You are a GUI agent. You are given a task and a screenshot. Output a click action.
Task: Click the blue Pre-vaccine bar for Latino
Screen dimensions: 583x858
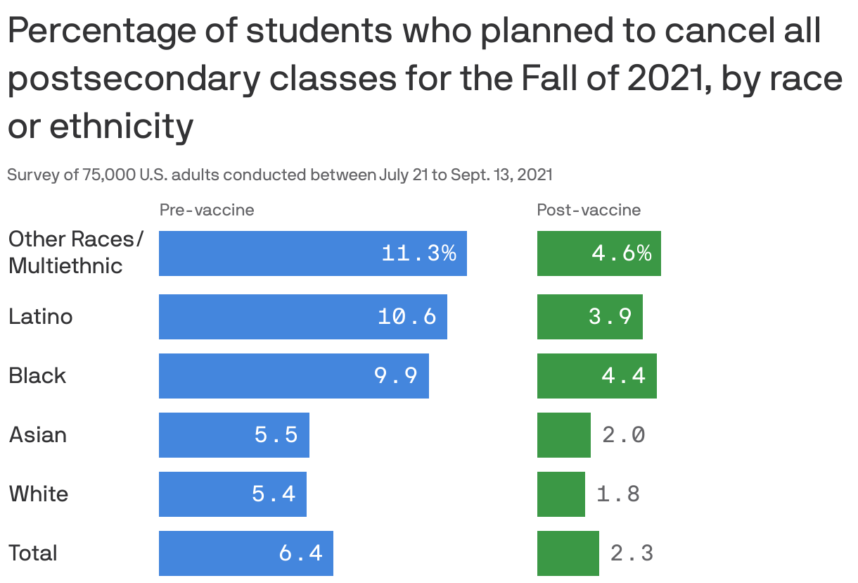click(x=302, y=317)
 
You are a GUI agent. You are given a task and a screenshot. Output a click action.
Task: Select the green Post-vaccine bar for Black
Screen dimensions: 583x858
click(x=596, y=376)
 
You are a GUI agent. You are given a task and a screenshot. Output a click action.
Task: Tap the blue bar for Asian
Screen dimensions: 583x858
click(x=233, y=435)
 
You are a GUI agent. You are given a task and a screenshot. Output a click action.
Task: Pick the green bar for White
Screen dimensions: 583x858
click(x=561, y=494)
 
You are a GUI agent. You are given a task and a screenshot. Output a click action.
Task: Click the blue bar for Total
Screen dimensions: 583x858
click(x=245, y=553)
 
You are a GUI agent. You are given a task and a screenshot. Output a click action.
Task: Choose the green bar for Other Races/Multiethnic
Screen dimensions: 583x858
click(x=598, y=253)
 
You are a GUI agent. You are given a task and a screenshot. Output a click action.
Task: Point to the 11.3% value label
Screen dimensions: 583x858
click(x=418, y=253)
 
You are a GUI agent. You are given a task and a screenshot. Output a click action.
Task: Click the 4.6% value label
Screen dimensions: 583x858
click(x=622, y=253)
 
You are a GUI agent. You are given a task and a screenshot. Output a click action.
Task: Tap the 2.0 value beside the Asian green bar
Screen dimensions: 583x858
click(x=624, y=435)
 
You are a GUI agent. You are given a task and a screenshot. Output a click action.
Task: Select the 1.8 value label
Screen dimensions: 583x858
click(x=618, y=494)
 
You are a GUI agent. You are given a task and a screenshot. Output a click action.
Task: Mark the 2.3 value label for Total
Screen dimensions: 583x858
click(x=632, y=553)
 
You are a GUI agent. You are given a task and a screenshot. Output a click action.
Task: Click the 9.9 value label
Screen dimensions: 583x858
click(x=396, y=376)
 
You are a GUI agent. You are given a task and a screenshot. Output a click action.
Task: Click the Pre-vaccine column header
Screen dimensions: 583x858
click(x=207, y=210)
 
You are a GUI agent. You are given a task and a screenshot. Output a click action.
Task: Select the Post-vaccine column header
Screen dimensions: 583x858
click(x=589, y=210)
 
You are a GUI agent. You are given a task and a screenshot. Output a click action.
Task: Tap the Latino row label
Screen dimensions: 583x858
click(x=40, y=317)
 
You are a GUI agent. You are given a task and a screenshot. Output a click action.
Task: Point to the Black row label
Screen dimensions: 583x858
click(x=37, y=376)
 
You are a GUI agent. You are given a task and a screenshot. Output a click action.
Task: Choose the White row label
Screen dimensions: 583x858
click(x=39, y=494)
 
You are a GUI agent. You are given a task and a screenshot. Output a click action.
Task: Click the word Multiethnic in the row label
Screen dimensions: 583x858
click(x=65, y=266)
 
